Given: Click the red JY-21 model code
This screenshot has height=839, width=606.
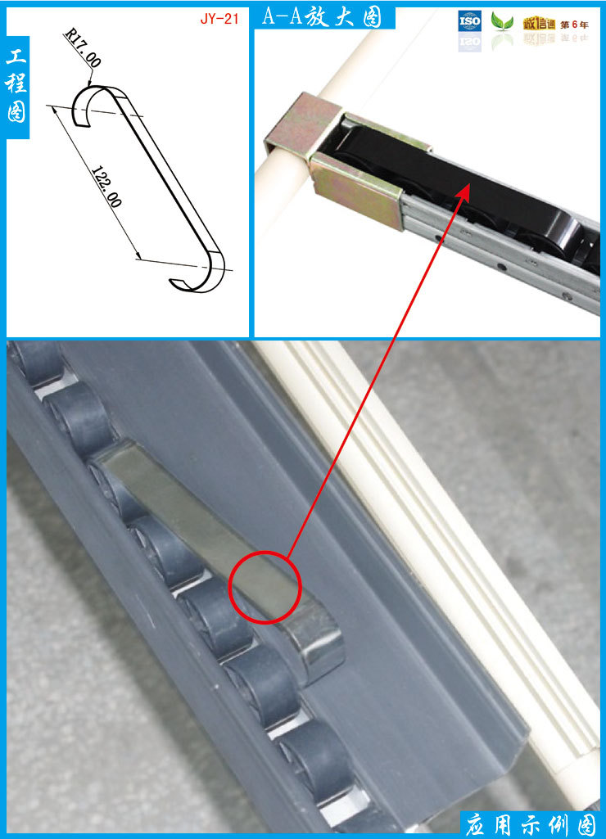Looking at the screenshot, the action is pos(219,19).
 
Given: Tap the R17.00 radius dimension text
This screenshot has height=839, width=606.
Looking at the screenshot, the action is pos(83,48).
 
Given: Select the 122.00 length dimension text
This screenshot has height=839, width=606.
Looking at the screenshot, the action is pos(106,186).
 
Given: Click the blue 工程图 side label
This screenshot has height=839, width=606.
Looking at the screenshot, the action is pos(16,86).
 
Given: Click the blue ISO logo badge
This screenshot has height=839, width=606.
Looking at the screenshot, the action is pos(469,21).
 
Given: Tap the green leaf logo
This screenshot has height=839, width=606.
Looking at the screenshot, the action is pos(502,21).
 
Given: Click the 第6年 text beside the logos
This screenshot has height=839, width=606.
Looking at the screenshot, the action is pos(574,25).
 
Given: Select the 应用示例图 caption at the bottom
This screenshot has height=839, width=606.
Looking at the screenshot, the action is pos(530,824).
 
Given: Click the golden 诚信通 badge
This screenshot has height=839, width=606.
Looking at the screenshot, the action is pos(539,24).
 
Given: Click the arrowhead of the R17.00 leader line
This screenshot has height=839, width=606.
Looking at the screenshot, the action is pos(89,83).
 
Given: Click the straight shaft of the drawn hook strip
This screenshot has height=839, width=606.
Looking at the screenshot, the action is pos(166,171).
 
